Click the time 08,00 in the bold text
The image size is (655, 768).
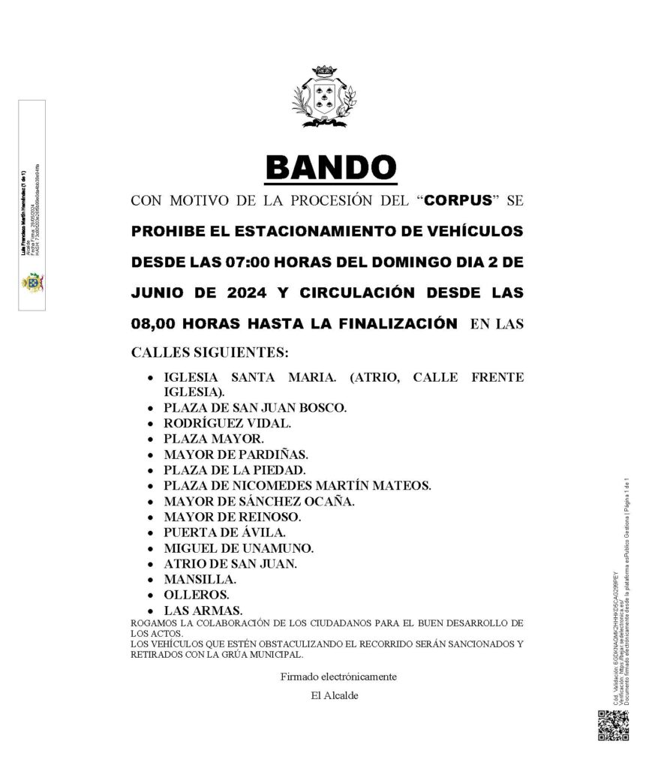154,324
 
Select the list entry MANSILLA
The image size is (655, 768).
200,579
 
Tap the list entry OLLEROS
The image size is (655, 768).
197,595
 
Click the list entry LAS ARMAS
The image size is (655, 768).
203,610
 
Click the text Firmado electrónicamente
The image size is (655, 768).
338,676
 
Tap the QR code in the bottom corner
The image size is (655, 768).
612,725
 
